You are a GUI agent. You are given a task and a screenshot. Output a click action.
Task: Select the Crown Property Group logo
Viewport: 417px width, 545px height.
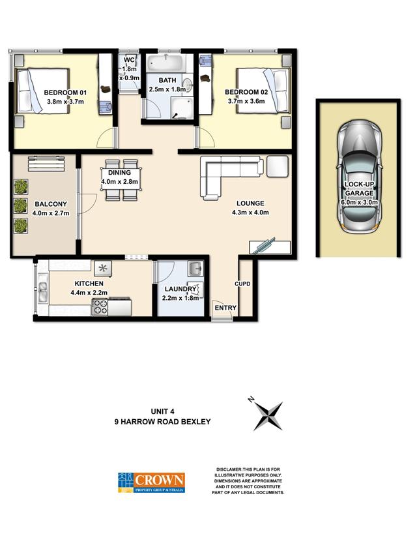[x=151, y=482]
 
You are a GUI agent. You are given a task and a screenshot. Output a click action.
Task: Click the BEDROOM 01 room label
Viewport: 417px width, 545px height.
[x=65, y=93]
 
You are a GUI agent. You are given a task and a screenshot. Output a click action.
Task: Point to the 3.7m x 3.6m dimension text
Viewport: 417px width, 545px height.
[x=246, y=101]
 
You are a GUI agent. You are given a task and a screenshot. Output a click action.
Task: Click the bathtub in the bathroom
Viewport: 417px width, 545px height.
[x=165, y=63]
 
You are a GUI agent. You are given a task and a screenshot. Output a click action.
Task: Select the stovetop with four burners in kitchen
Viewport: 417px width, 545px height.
[x=100, y=307]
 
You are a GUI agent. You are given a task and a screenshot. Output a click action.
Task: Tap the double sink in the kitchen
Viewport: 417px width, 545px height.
[x=43, y=291]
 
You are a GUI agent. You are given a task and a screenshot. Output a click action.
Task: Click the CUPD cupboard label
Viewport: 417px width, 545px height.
[x=242, y=284]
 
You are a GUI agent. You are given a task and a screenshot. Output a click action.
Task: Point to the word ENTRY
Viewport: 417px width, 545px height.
[x=225, y=308]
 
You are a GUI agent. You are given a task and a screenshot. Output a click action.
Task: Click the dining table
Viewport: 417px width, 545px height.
[x=121, y=179]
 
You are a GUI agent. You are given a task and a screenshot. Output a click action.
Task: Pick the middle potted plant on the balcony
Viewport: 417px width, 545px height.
[x=21, y=206]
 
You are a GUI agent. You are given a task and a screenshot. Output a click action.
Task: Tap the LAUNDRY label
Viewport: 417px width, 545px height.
[x=180, y=289]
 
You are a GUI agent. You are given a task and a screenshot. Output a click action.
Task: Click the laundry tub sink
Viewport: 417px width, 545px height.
[x=196, y=268]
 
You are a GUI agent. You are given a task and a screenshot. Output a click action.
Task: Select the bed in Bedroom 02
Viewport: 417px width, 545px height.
[x=263, y=91]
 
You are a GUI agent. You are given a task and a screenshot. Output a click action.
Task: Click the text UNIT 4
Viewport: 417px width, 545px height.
[x=162, y=411]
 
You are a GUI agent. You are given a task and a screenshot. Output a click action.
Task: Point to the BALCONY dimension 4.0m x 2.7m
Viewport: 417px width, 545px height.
[x=51, y=213]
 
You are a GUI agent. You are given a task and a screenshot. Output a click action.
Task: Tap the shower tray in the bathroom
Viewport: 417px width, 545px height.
[x=182, y=108]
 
